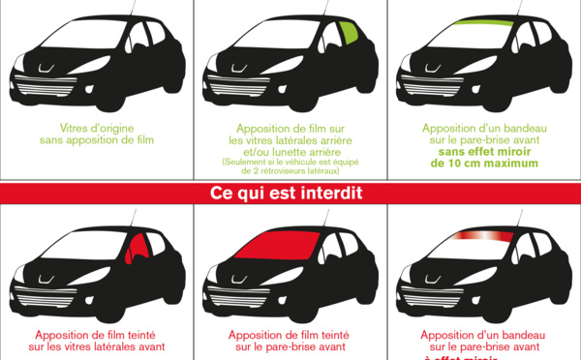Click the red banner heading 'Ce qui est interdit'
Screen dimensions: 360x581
[287, 194]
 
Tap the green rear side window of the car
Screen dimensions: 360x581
[351, 40]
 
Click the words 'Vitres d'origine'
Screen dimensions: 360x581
[96, 128]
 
